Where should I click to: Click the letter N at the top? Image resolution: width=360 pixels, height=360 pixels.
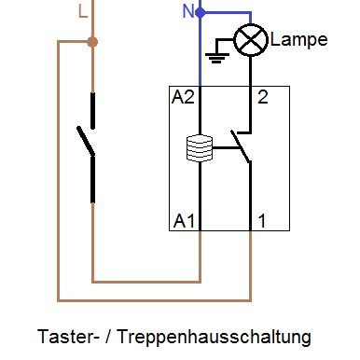tap(187, 11)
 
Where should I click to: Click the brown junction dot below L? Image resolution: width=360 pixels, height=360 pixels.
tap(91, 42)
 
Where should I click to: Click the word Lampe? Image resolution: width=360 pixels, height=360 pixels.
tap(298, 40)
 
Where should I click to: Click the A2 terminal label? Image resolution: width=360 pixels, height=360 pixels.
tap(184, 98)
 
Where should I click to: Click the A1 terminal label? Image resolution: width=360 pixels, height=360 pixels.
tap(184, 221)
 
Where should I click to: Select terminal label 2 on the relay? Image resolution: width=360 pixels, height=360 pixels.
tap(263, 98)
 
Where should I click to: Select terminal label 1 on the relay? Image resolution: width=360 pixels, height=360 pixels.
tap(263, 221)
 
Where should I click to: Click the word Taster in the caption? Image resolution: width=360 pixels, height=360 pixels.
tap(63, 336)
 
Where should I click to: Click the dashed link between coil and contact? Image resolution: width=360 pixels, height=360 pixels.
tap(224, 147)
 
